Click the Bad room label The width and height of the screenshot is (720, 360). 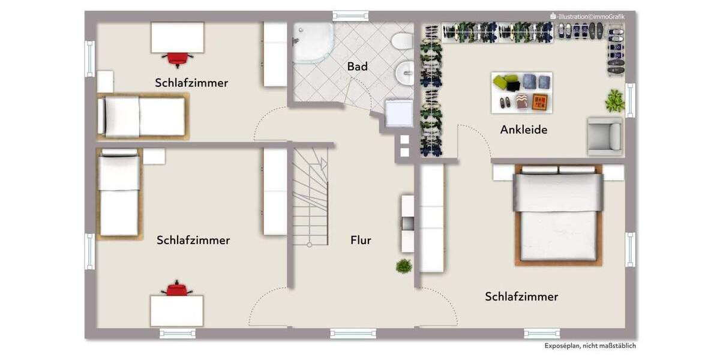357,67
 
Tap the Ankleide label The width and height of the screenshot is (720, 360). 523,130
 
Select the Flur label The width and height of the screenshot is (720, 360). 361,241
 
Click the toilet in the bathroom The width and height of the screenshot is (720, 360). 401,41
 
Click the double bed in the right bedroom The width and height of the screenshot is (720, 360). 558,216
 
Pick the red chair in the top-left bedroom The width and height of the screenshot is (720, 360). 177,58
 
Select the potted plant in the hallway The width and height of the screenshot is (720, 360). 404,266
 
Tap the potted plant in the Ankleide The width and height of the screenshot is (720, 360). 614,101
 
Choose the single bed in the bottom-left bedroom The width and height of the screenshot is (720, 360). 119,194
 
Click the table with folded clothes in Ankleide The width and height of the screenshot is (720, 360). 521,92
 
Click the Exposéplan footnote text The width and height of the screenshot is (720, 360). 590,346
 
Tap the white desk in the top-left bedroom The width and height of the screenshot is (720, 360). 177,37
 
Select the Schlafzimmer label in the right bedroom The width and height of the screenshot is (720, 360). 521,296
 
